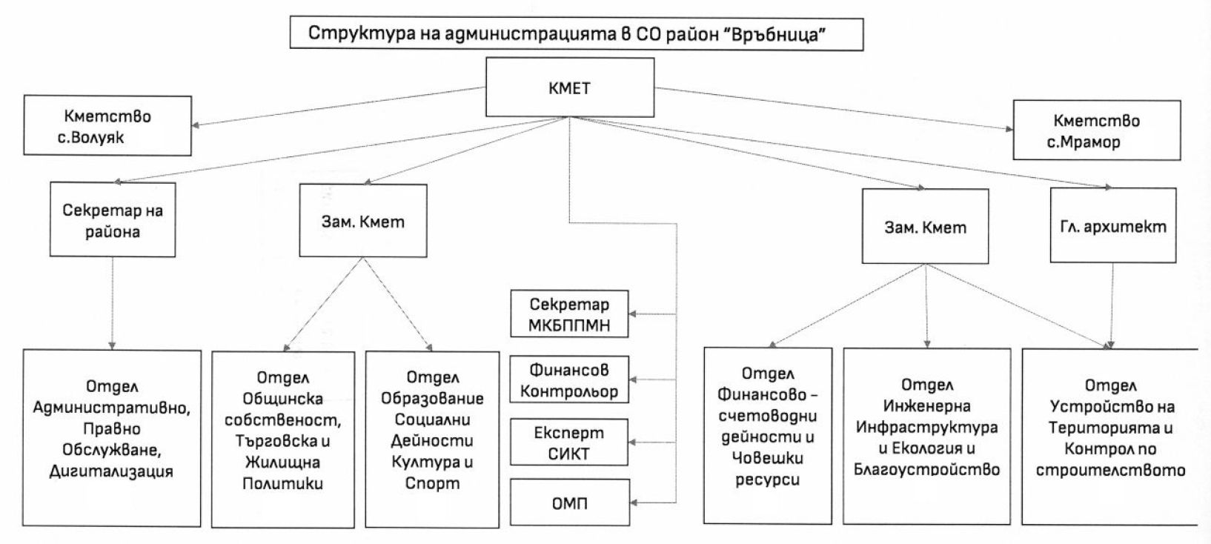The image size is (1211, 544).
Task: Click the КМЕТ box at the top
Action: coord(570,87)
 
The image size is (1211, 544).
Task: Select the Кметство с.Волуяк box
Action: coord(107,125)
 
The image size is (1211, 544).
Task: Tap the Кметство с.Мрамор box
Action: coord(1096,130)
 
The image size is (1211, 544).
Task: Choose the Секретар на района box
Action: coord(113,219)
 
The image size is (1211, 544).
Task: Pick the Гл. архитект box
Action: coord(1113,225)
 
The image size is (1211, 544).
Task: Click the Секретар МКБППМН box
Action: coord(569,314)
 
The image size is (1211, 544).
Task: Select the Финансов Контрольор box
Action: coord(569,379)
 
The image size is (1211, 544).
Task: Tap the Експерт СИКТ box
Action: coord(569,442)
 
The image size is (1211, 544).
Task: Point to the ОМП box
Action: coord(570,502)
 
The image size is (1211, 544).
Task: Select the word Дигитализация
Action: coord(111,471)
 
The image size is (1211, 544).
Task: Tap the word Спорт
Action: coord(433,483)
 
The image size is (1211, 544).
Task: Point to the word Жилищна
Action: coord(283,462)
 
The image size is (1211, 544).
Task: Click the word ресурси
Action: coord(767,480)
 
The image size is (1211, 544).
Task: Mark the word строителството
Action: coord(1110,470)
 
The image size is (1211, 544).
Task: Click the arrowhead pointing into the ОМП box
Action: coord(634,503)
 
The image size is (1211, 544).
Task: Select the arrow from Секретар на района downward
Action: coord(113,303)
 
